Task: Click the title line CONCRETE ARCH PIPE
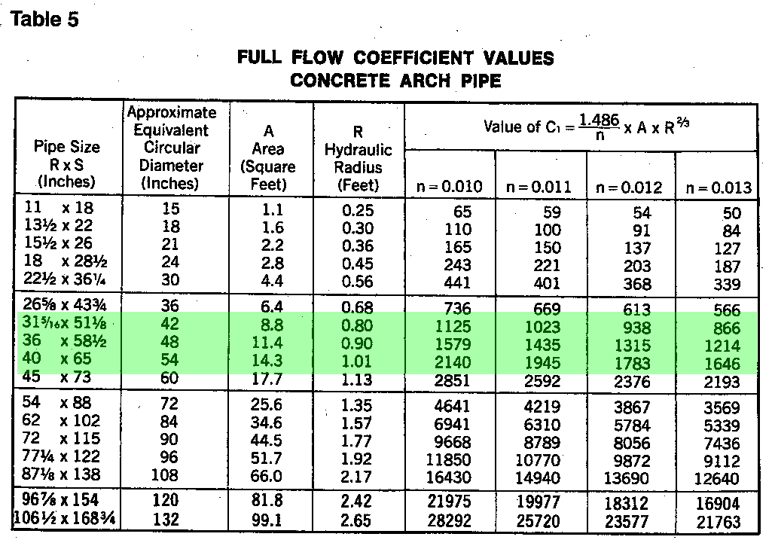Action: click(x=395, y=81)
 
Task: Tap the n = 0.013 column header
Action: click(x=720, y=188)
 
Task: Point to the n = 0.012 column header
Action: click(x=630, y=188)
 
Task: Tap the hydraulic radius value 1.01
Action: click(x=358, y=363)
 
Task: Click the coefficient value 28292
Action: click(x=453, y=520)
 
